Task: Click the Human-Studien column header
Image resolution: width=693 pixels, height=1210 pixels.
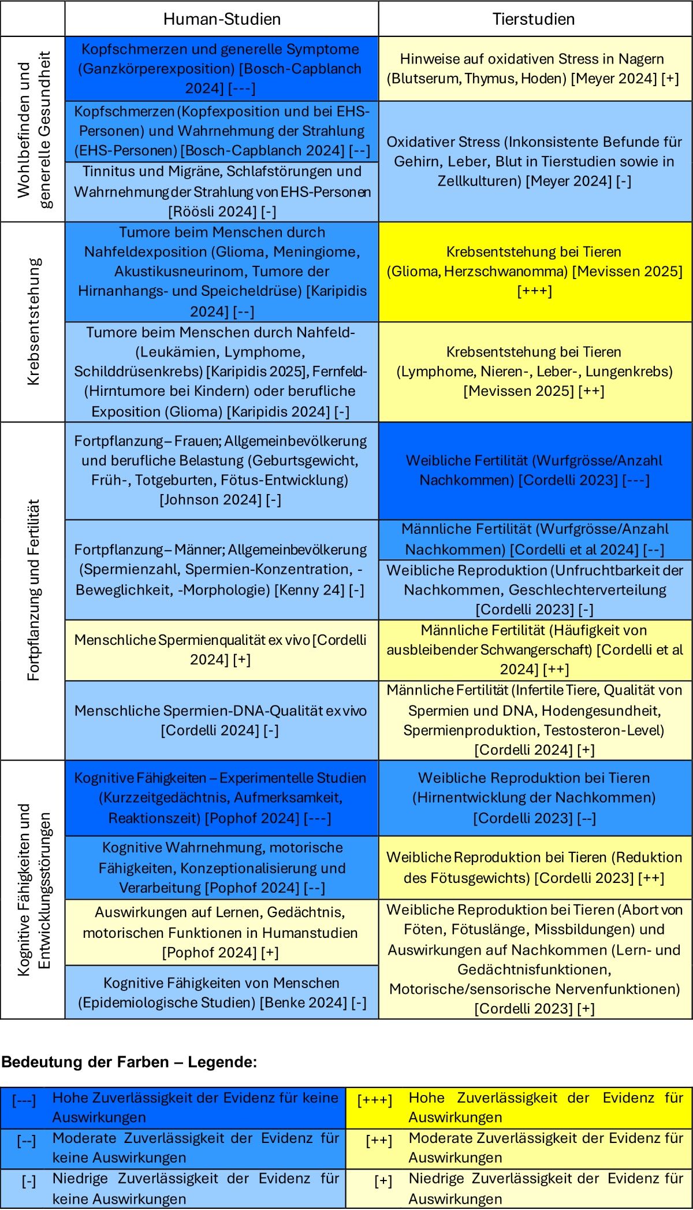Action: click(222, 19)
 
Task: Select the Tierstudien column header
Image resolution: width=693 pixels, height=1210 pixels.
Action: click(534, 19)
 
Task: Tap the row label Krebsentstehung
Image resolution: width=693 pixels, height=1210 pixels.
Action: click(33, 321)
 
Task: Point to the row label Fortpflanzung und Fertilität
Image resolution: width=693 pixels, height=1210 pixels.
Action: click(33, 590)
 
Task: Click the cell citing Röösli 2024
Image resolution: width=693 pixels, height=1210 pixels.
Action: click(222, 191)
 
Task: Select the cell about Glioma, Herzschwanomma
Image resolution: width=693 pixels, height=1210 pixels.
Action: click(535, 271)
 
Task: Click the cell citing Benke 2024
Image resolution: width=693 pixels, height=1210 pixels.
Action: click(222, 992)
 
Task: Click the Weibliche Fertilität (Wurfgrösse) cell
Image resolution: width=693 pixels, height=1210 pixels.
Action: click(535, 470)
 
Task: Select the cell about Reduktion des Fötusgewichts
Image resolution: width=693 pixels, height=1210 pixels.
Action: click(535, 867)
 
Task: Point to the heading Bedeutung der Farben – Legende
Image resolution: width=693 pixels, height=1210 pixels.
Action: click(129, 1062)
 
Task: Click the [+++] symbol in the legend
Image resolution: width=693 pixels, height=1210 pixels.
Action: click(375, 1100)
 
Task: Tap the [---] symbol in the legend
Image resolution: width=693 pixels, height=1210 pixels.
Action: click(24, 1100)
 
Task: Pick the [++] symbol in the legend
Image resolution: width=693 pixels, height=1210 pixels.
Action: click(379, 1141)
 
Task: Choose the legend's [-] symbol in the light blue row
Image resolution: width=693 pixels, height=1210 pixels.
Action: click(29, 1181)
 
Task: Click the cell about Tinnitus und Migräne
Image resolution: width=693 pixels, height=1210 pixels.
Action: click(222, 191)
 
